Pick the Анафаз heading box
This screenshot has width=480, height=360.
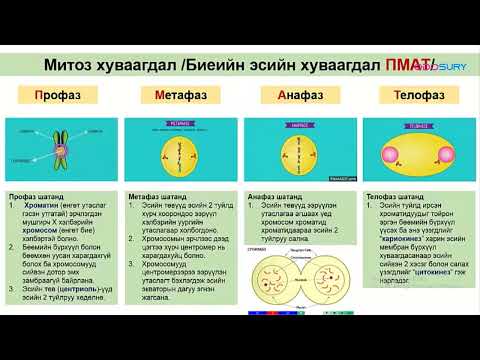pos(300,97)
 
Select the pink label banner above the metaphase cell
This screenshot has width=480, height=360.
pos(179,128)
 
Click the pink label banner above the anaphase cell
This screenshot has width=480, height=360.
pos(300,128)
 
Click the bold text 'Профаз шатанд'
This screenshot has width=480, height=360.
pos(35,198)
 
